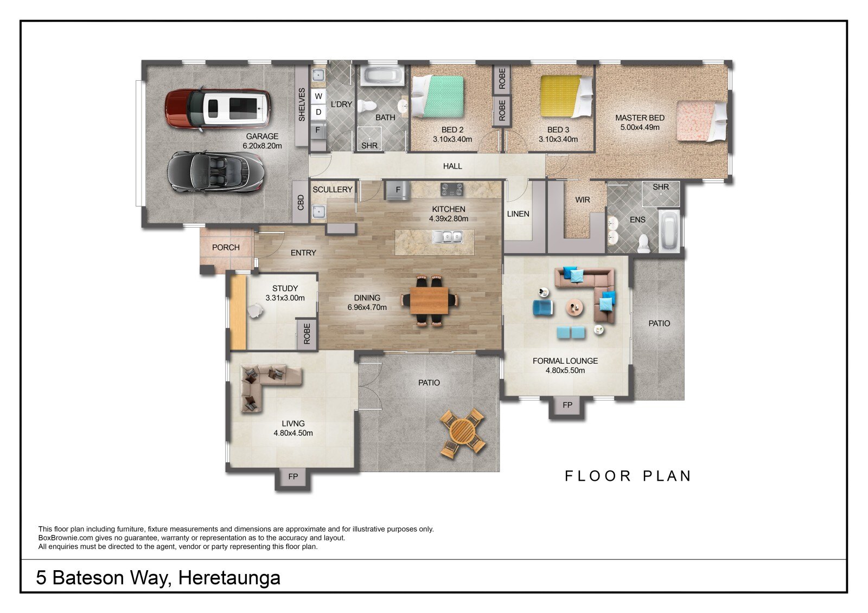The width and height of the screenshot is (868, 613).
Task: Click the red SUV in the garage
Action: [218, 108]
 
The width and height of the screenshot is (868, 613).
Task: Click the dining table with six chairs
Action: [429, 300]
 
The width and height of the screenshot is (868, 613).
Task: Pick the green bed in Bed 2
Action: [437, 96]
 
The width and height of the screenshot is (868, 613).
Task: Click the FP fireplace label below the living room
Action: [293, 476]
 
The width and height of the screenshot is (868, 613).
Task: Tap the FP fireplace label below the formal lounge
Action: [567, 405]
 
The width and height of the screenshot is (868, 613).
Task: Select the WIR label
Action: [583, 200]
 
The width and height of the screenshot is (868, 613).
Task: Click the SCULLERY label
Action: [333, 189]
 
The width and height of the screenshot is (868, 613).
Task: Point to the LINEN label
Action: [518, 214]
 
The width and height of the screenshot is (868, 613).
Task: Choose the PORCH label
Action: [226, 248]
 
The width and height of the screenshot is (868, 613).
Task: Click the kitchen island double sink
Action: [448, 236]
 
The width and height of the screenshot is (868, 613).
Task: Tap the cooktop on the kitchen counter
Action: [452, 189]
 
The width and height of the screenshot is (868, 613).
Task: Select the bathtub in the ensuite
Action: [669, 231]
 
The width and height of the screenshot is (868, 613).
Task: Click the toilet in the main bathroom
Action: [366, 106]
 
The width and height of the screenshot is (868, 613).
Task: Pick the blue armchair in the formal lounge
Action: [542, 308]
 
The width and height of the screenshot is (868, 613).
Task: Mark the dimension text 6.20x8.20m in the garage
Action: [263, 146]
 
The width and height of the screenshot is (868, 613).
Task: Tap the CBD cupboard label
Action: [301, 203]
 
